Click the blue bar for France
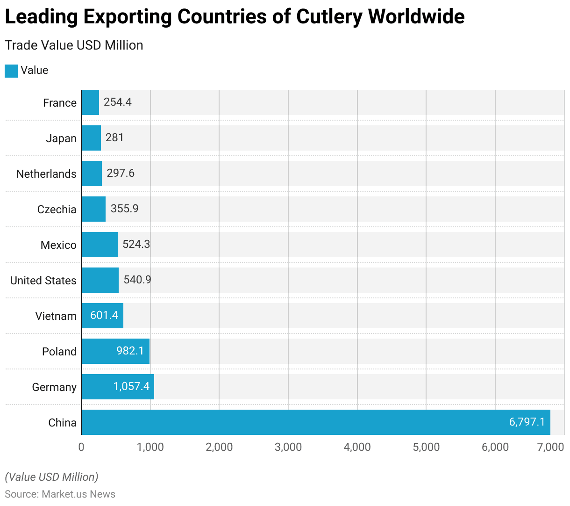coord(90,102)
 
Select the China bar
coord(316,422)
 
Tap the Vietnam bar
coord(102,316)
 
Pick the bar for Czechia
coord(93,209)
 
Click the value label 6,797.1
coord(527,422)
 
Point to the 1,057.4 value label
coord(131,386)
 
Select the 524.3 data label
coord(136,244)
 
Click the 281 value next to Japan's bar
coord(114,137)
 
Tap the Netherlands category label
coord(46,174)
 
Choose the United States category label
coord(43,281)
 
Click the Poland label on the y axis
coord(59,352)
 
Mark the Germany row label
coord(54,387)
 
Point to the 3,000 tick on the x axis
coord(288,447)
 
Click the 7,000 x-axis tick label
coord(551,447)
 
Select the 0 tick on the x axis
coord(81,447)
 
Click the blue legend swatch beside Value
coord(11,71)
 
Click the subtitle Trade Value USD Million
coord(74,45)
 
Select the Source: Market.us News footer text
coord(60,494)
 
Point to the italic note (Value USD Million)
coord(51,477)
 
